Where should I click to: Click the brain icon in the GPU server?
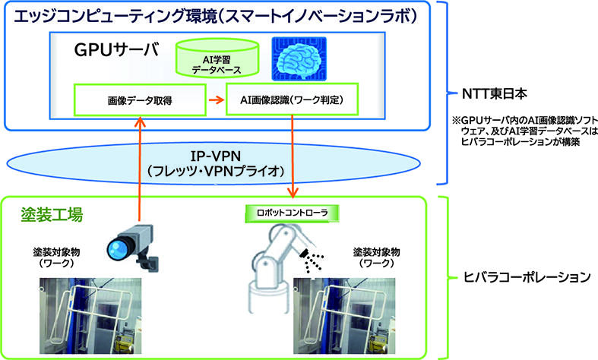[x=299, y=58]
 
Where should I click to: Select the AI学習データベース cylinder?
[x=217, y=58]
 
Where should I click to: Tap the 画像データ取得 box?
[x=140, y=100]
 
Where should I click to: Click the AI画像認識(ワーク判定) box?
[x=292, y=99]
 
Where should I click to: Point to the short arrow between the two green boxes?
[x=217, y=100]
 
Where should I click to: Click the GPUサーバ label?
[x=117, y=49]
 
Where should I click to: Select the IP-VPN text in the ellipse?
[x=216, y=156]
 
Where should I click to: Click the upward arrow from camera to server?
[x=141, y=169]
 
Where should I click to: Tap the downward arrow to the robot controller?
[x=292, y=156]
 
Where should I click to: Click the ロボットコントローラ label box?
[x=292, y=213]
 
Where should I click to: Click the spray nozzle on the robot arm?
[x=305, y=252]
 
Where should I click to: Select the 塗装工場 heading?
[x=52, y=215]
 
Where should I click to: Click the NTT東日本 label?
[x=494, y=93]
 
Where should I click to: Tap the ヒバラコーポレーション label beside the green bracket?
[x=527, y=276]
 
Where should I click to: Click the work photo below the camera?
[x=90, y=316]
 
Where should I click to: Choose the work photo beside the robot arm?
[x=344, y=316]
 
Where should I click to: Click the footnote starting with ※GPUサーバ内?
[x=525, y=131]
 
